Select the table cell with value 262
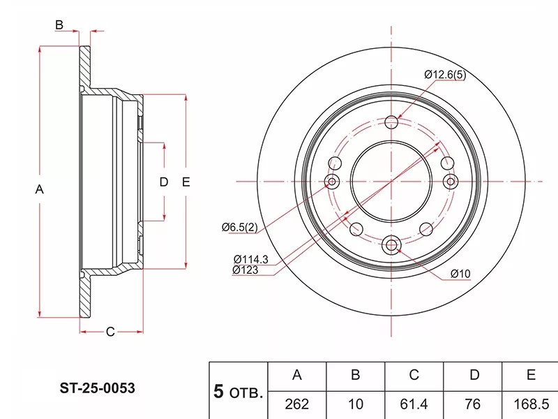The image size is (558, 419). pos(296,404)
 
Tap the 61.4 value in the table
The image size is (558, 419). pos(414,404)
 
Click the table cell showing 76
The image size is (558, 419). pos(474,404)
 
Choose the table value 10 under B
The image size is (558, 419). pos(355,404)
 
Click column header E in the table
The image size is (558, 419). pos(531,376)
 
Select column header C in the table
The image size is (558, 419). pos(414,376)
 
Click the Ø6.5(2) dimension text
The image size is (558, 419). pos(239,227)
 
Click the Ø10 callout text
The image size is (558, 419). pos(461,274)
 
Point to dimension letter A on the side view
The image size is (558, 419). pos(40,189)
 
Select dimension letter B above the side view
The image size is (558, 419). pos(59,25)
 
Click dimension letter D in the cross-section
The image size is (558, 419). pos(164,182)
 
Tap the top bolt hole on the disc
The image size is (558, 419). pos(391,122)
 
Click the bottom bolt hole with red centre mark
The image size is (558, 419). pos(391,244)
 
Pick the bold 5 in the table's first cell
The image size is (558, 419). pos(218,392)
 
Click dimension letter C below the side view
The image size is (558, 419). pos(110,332)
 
